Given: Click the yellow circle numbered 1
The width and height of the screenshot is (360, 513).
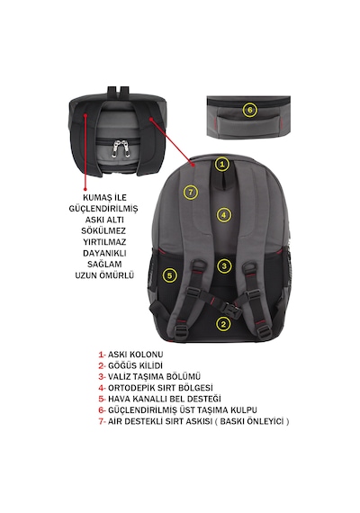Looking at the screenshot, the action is [x=222, y=164].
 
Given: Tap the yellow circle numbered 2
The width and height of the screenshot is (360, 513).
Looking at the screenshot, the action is [x=223, y=324].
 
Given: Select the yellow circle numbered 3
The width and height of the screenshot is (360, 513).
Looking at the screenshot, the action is [x=224, y=265].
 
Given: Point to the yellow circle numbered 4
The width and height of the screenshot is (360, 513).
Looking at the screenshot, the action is [x=223, y=215].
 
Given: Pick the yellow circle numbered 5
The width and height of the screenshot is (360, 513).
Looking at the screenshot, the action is [x=169, y=275].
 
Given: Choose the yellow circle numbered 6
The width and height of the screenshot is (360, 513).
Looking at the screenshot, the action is [x=250, y=110].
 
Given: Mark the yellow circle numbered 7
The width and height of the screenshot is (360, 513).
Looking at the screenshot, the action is [x=191, y=192].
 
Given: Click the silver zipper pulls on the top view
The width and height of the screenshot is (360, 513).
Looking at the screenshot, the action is [x=120, y=147].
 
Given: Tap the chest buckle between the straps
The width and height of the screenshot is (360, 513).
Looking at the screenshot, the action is [x=229, y=308].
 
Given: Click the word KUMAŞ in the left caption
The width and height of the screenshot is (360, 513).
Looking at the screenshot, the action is [x=94, y=198].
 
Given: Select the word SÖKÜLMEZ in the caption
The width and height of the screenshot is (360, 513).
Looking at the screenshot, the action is [x=103, y=231].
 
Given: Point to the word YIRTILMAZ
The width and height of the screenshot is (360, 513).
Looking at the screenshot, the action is [x=104, y=242].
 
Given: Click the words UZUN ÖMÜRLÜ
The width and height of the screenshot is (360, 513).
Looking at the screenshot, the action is [x=104, y=275].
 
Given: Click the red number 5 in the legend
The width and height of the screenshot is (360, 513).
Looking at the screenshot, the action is [x=101, y=399].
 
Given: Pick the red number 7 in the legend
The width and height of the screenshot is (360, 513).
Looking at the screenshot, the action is [x=101, y=421].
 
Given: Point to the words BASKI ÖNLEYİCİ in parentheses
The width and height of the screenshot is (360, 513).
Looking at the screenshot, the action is [x=252, y=421].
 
